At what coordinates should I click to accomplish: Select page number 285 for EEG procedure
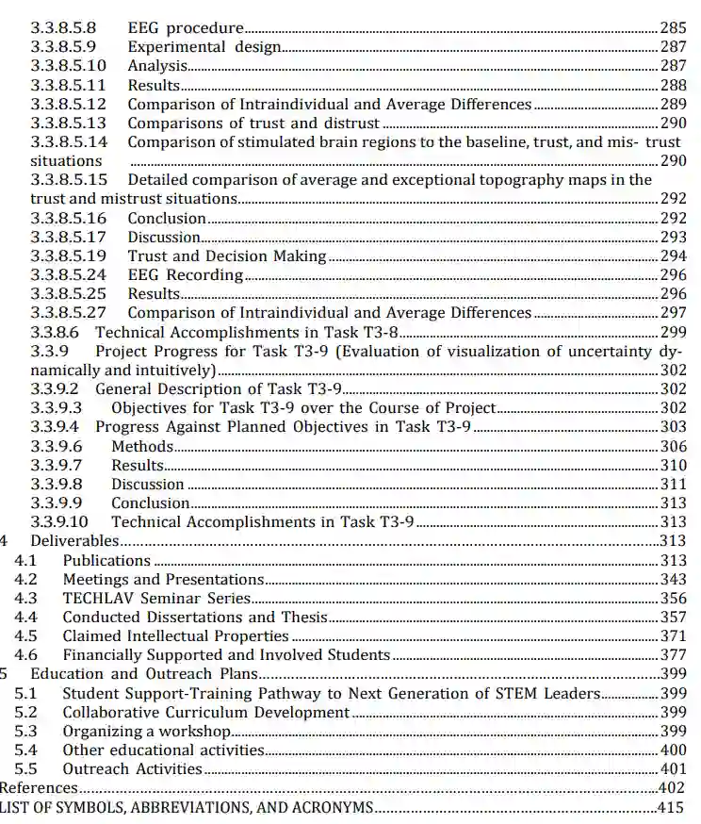tap(672, 28)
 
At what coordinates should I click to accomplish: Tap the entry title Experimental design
tap(204, 47)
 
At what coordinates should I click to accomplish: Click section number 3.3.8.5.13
tap(68, 124)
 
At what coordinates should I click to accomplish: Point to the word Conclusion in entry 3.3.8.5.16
tap(167, 219)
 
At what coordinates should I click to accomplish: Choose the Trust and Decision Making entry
tap(227, 256)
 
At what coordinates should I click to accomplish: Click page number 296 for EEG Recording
tap(672, 275)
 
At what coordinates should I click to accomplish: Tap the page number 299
tap(672, 332)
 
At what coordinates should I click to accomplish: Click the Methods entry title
tap(142, 446)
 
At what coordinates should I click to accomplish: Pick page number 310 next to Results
tap(672, 465)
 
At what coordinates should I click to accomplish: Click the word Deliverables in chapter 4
tap(74, 541)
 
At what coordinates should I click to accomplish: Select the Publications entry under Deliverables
tap(106, 560)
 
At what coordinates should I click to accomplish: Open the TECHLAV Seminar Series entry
tap(156, 598)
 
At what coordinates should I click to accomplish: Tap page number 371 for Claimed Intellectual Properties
tap(672, 636)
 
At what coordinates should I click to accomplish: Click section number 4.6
tap(26, 655)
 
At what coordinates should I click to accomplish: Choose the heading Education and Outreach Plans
tap(144, 674)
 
